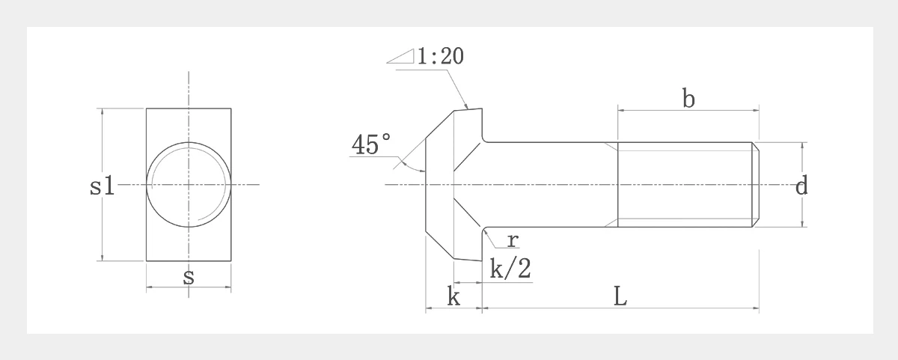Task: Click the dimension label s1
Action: click(102, 186)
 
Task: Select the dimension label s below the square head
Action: click(189, 278)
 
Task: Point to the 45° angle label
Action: click(371, 144)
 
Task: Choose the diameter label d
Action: click(801, 186)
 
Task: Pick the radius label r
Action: click(512, 240)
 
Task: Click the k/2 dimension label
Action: click(510, 269)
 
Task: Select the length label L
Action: click(620, 297)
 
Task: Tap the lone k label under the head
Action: click(453, 297)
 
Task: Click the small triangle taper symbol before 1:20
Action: click(402, 58)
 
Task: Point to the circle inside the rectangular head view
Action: click(189, 184)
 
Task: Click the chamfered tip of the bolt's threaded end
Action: click(756, 184)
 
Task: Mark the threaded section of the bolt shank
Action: click(684, 184)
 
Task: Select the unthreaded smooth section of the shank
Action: click(550, 184)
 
